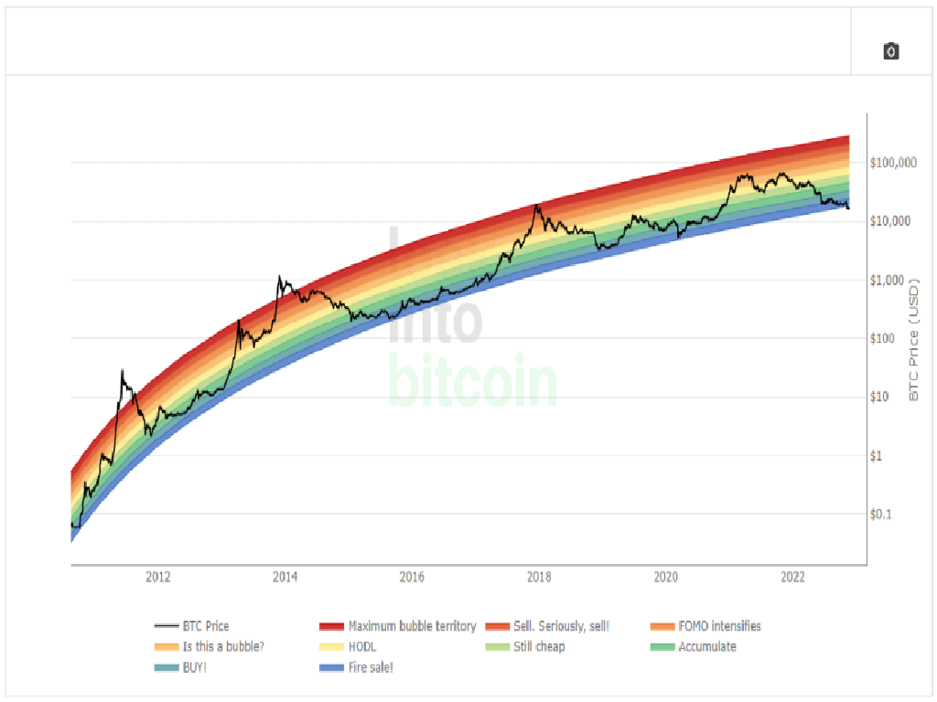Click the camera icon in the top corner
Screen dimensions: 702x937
(891, 51)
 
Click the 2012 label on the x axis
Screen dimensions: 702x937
(158, 577)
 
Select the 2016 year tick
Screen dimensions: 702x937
(412, 577)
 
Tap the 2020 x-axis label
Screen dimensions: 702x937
(666, 577)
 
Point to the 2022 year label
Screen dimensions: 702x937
(792, 577)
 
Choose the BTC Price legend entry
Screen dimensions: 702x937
(204, 626)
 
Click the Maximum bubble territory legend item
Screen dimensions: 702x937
(412, 626)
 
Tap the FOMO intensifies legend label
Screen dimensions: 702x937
(719, 626)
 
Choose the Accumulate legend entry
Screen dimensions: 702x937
(706, 646)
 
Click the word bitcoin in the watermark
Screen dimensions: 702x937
(473, 384)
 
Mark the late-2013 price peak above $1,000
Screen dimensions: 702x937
(280, 276)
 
